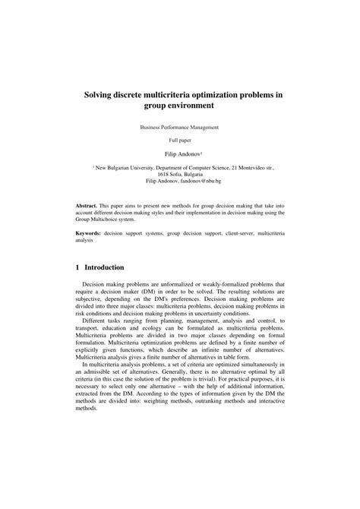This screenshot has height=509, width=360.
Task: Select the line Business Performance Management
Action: [179, 128]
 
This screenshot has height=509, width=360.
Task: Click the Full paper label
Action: [179, 141]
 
